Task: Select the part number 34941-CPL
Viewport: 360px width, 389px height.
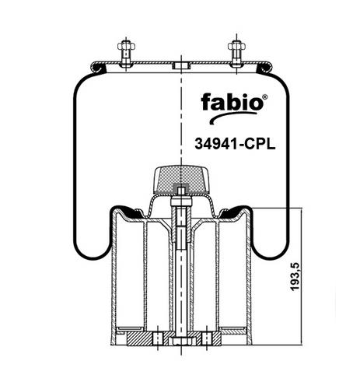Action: pyautogui.click(x=235, y=144)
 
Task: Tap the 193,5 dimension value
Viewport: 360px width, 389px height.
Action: pyautogui.click(x=295, y=277)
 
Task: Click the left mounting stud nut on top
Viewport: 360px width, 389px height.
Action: pyautogui.click(x=126, y=47)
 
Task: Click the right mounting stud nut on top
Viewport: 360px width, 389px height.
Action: pyautogui.click(x=236, y=47)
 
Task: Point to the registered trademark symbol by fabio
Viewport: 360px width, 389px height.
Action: pyautogui.click(x=265, y=97)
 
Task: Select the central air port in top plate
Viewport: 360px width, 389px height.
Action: pyautogui.click(x=181, y=65)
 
